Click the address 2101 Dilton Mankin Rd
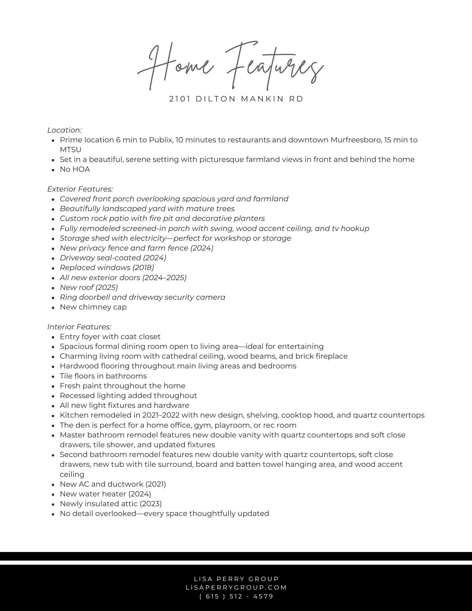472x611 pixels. pos(236,99)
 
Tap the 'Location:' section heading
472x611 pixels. pos(64,130)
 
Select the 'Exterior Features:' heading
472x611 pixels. pos(80,189)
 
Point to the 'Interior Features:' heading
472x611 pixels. pos(79,327)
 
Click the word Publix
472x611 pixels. pos(161,140)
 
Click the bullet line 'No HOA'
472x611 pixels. pos(75,169)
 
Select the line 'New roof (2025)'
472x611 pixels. pos(89,287)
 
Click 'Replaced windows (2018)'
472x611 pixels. pos(107,268)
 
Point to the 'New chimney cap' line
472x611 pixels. pos(93,307)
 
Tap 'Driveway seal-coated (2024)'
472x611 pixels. pos(113,258)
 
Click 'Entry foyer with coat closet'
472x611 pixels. pos(110,337)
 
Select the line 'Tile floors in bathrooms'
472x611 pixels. pos(103,376)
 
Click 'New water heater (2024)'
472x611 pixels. pos(105,494)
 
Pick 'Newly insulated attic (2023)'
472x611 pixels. pos(111,504)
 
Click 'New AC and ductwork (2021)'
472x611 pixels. pos(113,484)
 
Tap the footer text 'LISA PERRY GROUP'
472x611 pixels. pos(236,579)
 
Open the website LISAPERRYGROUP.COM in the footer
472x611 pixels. pos(236,587)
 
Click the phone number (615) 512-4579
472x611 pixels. pos(236,596)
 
